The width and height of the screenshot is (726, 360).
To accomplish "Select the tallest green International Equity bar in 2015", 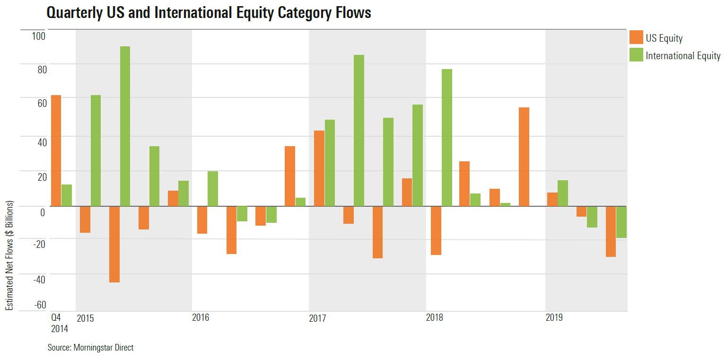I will (125, 126).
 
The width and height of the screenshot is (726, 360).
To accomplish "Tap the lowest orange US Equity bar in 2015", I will (114, 244).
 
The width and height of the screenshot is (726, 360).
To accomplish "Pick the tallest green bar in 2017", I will (359, 131).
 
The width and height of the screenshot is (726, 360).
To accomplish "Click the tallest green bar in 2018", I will (446, 138).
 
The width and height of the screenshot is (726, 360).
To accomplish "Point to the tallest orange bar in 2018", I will (524, 157).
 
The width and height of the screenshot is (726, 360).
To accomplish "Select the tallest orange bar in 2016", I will (290, 176).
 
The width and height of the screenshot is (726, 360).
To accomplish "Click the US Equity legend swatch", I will (636, 38).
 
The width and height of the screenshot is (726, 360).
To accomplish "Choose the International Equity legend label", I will (682, 55).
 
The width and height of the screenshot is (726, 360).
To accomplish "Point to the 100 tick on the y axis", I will (38, 36).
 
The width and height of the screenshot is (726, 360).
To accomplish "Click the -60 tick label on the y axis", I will (39, 304).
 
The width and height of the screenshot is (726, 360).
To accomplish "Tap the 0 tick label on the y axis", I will (43, 212).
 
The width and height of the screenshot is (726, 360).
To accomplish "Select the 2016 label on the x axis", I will (201, 318).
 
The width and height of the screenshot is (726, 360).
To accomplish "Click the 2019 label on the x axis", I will (554, 318).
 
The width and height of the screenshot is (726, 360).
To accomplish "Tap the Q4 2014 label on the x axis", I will (59, 323).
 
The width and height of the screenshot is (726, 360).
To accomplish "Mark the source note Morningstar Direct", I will (90, 348).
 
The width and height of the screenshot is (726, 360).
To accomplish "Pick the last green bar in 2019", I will (621, 222).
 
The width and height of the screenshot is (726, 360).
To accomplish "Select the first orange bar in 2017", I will (319, 168).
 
